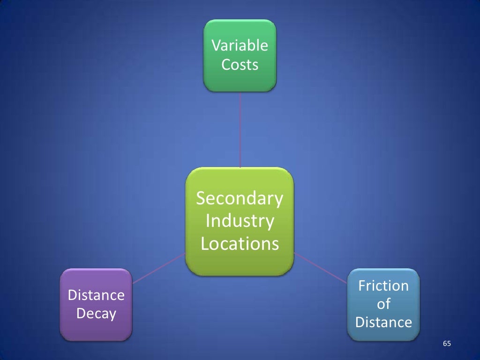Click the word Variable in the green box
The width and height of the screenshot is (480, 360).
pyautogui.click(x=240, y=46)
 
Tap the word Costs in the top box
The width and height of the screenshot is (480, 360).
pyautogui.click(x=240, y=65)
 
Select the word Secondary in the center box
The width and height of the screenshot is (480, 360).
pyautogui.click(x=240, y=199)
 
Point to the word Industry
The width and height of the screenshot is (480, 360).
pyautogui.click(x=240, y=221)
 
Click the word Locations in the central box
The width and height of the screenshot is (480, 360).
pyautogui.click(x=240, y=244)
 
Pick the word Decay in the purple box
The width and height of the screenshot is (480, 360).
pyautogui.click(x=96, y=314)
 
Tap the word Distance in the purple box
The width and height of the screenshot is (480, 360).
pyautogui.click(x=96, y=295)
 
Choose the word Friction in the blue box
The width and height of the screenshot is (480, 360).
pyautogui.click(x=383, y=286)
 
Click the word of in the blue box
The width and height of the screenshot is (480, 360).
pyautogui.click(x=383, y=304)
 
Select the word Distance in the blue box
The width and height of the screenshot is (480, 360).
pyautogui.click(x=383, y=322)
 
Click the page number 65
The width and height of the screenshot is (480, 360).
pyautogui.click(x=447, y=345)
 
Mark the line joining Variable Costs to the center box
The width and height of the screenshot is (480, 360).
pyautogui.click(x=240, y=129)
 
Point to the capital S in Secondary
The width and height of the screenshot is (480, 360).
pyautogui.click(x=201, y=199)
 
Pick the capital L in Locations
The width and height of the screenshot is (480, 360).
pyautogui.click(x=205, y=244)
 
